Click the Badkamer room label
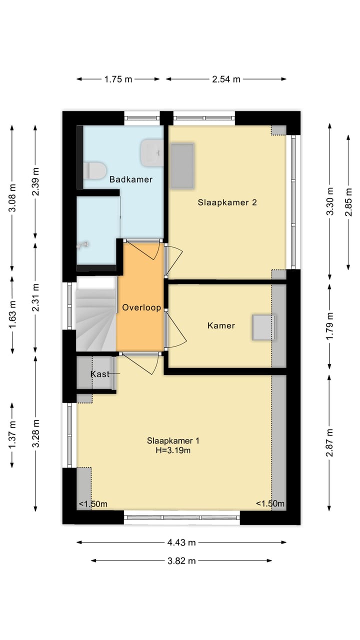pos(131,179)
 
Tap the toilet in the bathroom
pos(95,170)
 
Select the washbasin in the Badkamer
pos(151,153)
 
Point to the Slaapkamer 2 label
pos(227,202)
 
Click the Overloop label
pos(141,307)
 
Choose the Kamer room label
pos(221,325)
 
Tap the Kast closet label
pos(100,374)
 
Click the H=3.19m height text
pos(173,450)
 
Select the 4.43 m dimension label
pos(181,542)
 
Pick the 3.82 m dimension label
pos(181,561)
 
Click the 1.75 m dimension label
pos(118,79)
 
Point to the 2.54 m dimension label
pos(226,79)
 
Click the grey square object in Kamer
pos(263,327)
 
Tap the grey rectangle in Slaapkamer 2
pos(182,165)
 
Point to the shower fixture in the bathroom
pos(83,244)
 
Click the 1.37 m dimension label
pos(12,435)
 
